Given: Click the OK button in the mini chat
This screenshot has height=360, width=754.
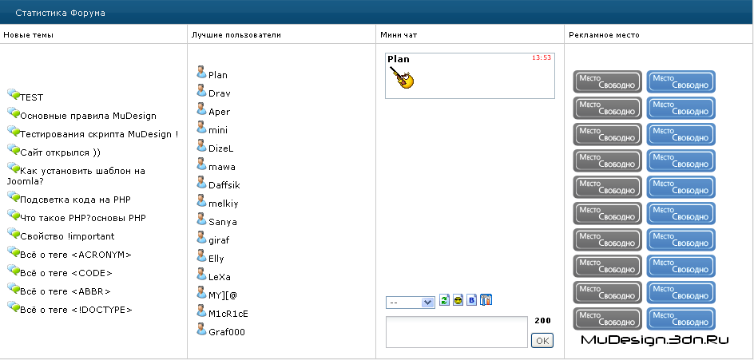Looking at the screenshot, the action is point(542,341).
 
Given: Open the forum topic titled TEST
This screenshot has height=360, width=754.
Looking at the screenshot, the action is point(32,97).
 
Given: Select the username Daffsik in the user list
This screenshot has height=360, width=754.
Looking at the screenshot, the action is point(224,185).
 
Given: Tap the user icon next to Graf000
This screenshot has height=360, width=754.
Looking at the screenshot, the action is point(201,329).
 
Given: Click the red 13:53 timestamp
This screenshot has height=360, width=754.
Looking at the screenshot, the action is point(541,57).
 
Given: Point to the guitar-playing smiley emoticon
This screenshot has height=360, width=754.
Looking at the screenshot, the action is point(402,77).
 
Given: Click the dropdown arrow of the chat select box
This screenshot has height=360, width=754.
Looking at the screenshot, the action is point(427,303).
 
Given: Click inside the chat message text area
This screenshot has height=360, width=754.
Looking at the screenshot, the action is point(457,331).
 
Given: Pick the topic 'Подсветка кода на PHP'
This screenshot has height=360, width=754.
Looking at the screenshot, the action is point(76,200).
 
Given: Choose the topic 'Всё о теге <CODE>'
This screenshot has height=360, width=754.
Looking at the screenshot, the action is point(66,273).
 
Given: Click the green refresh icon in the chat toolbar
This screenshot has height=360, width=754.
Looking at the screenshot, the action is point(444,300).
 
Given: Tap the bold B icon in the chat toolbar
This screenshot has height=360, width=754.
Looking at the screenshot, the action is point(472,300).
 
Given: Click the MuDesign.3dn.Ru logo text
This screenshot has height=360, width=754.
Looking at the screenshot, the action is point(655,340).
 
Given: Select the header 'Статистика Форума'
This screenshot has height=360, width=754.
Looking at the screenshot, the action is point(60,13).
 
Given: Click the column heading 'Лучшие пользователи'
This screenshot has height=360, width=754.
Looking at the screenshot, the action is point(236,35).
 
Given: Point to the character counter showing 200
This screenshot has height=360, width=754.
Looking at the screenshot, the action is point(542,321).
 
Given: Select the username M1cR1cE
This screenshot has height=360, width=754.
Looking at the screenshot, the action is point(228,314).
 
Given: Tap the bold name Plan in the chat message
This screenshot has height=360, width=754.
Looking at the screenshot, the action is point(399,59).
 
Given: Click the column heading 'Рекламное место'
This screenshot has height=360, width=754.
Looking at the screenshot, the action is point(604,35).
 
